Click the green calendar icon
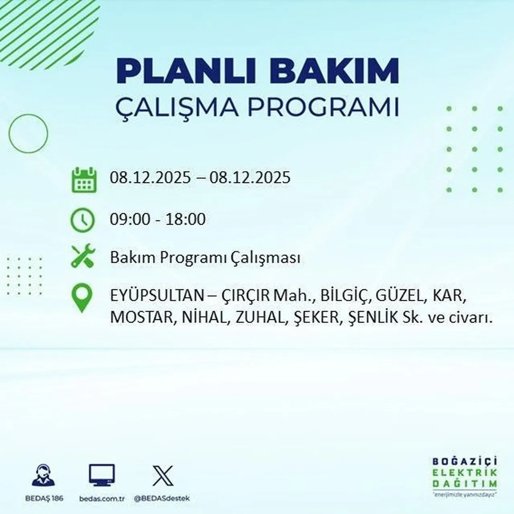click(x=84, y=179)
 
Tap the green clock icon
click(x=83, y=220)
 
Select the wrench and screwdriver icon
click(x=83, y=257)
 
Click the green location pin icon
click(x=82, y=298)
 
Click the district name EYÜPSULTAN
click(x=157, y=296)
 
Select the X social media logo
click(x=163, y=476)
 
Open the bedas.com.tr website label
click(x=102, y=498)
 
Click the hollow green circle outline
click(x=28, y=133)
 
